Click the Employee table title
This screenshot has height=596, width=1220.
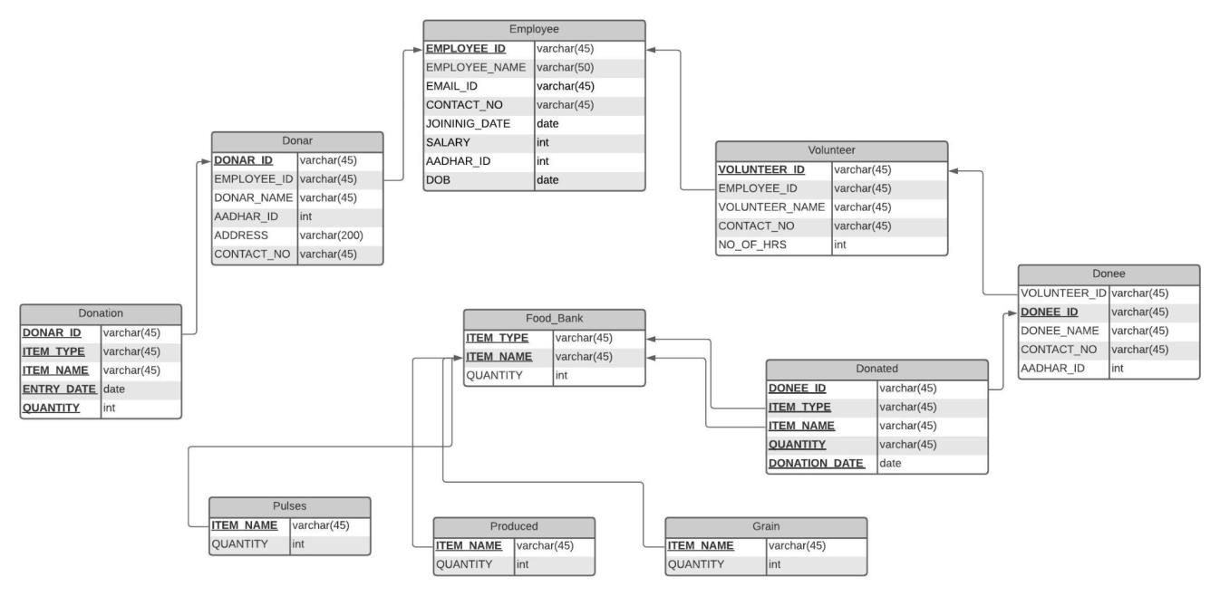(534, 29)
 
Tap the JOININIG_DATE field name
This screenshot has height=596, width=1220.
(468, 123)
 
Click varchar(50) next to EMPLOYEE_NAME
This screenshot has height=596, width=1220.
(565, 67)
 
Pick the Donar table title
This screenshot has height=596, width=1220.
(297, 141)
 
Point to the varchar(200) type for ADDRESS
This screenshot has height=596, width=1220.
(331, 236)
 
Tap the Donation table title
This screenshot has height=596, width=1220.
(101, 312)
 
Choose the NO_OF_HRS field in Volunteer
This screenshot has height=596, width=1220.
(750, 245)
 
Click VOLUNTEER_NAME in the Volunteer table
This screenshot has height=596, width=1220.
(771, 207)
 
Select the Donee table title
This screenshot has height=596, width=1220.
(1108, 274)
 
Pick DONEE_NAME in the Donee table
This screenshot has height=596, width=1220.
(1060, 331)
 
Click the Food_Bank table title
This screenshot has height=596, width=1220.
(554, 319)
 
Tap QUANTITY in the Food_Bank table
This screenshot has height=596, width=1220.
(494, 376)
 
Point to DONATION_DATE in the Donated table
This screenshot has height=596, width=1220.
(817, 463)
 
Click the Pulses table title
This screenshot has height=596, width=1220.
(289, 506)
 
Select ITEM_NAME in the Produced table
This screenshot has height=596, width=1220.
(470, 545)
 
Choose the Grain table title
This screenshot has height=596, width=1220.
(765, 526)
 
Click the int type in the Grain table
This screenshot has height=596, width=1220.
(774, 564)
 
